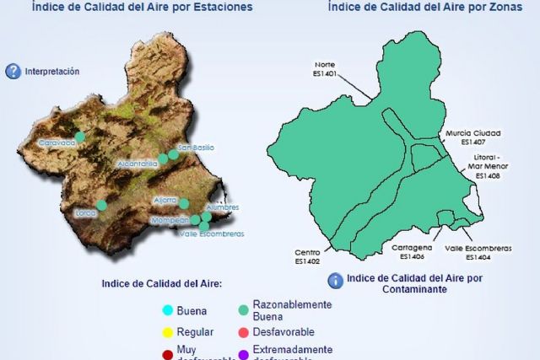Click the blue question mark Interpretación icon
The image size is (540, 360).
(x=13, y=72)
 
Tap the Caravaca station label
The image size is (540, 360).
(x=57, y=143)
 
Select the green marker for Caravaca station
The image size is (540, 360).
(x=80, y=136)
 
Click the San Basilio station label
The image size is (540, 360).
(x=196, y=148)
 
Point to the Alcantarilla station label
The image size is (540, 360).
(x=138, y=163)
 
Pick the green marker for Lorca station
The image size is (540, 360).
(x=101, y=205)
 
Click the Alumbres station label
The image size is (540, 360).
(x=222, y=207)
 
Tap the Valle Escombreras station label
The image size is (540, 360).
(x=212, y=234)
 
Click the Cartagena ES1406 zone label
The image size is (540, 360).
(x=413, y=252)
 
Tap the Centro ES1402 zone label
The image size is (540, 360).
(x=307, y=257)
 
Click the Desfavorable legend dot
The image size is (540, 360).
(x=243, y=332)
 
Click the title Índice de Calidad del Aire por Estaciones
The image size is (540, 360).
(x=142, y=7)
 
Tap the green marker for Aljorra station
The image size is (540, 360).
(x=184, y=203)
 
